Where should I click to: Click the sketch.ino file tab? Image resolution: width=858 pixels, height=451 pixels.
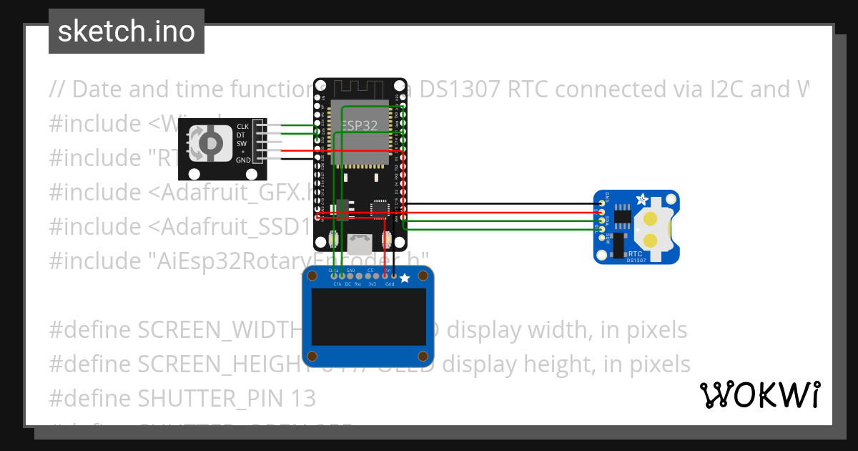126,31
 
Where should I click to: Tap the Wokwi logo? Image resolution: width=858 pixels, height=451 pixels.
759,394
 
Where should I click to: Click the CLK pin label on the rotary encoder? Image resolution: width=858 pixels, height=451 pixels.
243,127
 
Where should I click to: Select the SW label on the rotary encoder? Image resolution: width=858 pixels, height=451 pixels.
242,143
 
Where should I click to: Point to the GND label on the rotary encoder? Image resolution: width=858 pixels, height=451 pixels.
243,160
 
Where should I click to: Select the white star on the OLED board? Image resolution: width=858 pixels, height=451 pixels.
404,277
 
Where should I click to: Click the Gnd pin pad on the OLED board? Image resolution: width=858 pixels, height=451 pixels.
393,275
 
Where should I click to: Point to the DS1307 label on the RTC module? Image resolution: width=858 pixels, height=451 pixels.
636,260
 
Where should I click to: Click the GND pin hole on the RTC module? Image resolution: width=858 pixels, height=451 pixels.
602,204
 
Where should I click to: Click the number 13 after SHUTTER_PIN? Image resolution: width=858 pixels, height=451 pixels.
302,398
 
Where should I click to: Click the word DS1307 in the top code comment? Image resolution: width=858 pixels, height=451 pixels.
467,89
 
